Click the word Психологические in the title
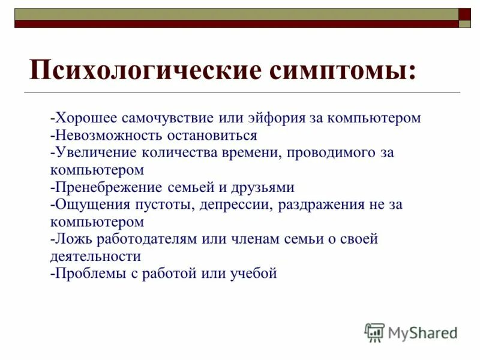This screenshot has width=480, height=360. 145,70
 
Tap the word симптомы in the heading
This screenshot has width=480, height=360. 341,70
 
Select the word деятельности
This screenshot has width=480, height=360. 95,256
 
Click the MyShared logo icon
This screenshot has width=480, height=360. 374,332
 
